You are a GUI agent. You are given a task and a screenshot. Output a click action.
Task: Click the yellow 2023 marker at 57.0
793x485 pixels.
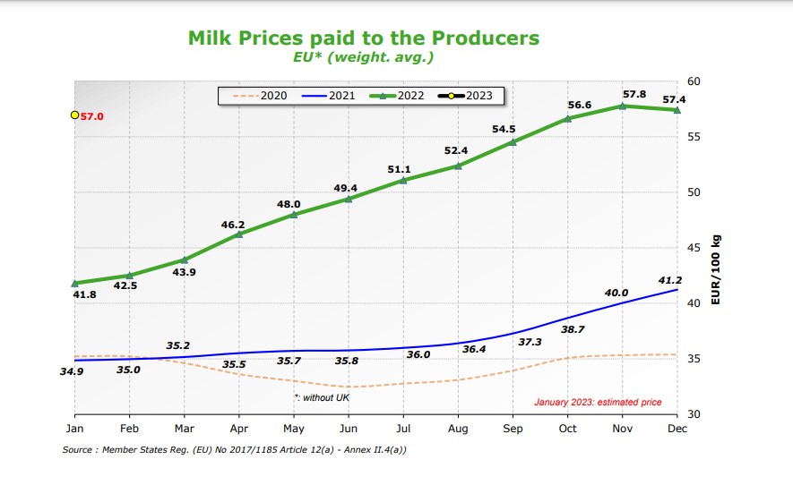click(x=75, y=115)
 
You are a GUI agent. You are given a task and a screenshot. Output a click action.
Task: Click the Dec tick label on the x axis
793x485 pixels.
click(x=676, y=429)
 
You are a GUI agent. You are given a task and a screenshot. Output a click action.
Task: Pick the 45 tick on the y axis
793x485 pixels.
click(x=694, y=248)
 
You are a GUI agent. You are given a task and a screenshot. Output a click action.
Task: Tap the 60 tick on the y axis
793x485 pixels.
click(x=694, y=81)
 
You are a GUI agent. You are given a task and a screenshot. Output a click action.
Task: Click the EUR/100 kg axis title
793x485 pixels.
click(x=716, y=270)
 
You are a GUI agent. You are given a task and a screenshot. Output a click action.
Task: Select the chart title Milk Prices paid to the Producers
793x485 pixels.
click(x=363, y=38)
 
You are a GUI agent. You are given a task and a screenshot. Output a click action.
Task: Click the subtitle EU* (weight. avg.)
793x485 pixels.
click(x=363, y=57)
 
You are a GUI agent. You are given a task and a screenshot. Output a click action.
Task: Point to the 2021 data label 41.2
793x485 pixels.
click(x=670, y=280)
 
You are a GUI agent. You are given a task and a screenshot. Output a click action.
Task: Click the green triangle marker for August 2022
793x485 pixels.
click(x=458, y=166)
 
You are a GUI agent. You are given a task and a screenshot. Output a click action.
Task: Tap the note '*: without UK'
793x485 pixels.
click(x=322, y=396)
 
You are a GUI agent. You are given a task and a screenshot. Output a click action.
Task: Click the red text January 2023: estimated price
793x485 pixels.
click(x=598, y=402)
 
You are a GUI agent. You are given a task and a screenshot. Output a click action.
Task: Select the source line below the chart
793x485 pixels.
click(x=236, y=450)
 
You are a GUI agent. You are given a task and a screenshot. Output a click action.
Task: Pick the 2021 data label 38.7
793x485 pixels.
click(x=572, y=329)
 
